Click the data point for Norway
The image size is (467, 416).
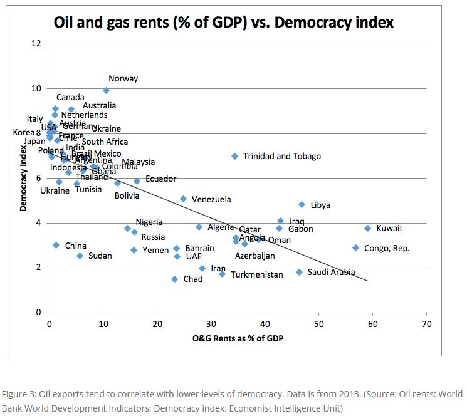(106, 90)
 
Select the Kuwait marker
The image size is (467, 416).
(368, 228)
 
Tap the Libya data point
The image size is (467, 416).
(302, 204)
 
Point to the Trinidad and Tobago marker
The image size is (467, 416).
(234, 156)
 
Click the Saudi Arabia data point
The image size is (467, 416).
(299, 272)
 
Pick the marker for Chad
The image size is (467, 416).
(174, 279)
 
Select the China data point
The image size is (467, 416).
(56, 245)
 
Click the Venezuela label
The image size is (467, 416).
(211, 200)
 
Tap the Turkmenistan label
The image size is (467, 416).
(256, 275)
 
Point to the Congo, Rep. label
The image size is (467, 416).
(387, 248)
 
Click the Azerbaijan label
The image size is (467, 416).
(254, 256)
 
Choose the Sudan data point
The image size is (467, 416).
(80, 256)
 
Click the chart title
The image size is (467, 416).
(223, 23)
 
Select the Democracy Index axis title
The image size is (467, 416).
(23, 178)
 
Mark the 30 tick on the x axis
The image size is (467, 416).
(211, 325)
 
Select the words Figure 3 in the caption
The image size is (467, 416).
(18, 395)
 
